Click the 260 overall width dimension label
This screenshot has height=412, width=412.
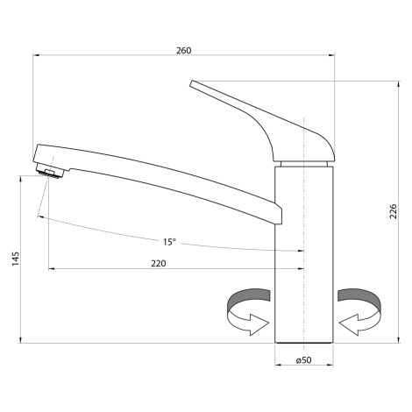click(183, 51)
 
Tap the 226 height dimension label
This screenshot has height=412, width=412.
click(394, 211)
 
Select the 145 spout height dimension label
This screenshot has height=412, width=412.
click(16, 259)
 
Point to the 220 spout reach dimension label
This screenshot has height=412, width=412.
click(159, 264)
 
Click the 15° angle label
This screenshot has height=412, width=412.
click(169, 242)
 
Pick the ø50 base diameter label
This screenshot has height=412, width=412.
click(303, 360)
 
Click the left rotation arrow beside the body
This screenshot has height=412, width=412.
click(248, 311)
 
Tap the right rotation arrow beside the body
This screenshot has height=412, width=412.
click(359, 311)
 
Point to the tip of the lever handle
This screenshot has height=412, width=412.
click(192, 83)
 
